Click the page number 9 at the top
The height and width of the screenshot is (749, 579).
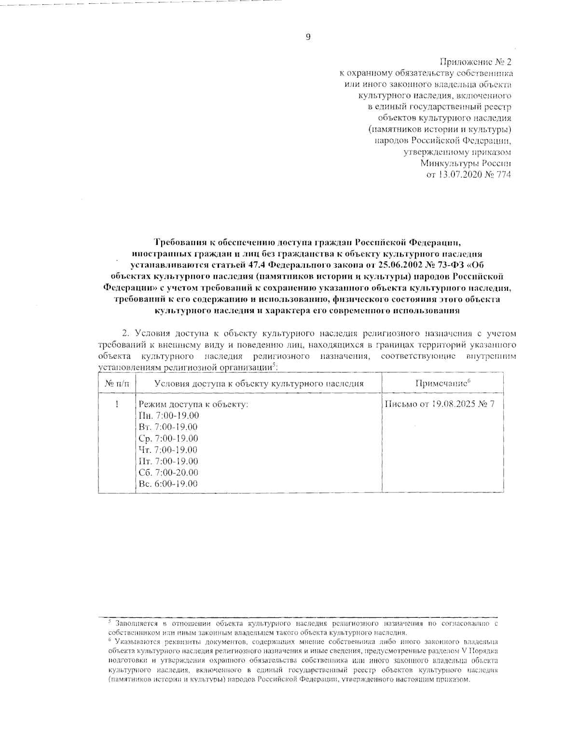click(x=308, y=38)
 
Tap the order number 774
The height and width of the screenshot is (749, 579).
click(x=504, y=175)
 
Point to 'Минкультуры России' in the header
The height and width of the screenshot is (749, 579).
click(x=466, y=163)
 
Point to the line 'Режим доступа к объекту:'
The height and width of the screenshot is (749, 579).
click(x=193, y=405)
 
